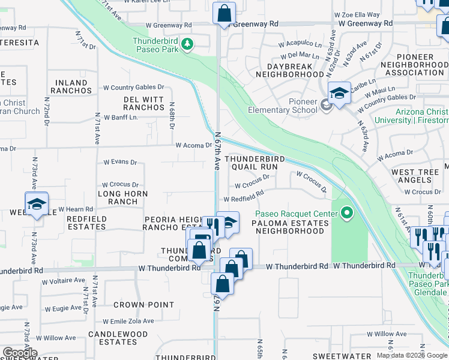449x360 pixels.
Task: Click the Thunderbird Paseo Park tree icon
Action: coord(187,44)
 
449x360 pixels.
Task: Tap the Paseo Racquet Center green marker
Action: coord(346,213)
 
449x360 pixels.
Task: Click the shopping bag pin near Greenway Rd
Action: coord(224,13)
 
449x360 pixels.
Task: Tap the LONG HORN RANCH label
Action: coord(122,197)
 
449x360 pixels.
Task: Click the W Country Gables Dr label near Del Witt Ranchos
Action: coord(133,87)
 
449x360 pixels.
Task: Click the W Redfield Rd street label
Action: coord(244,197)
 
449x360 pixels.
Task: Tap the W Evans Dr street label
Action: coord(120,162)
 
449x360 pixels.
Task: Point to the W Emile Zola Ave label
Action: coord(128,321)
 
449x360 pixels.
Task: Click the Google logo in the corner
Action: coord(20,353)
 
